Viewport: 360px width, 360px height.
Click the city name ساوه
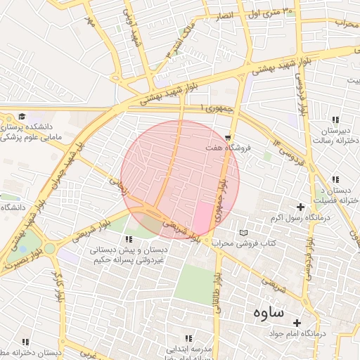coord(264,311)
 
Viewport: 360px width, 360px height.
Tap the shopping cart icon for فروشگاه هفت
coord(228,137)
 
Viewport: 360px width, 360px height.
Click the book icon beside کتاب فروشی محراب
coord(243,233)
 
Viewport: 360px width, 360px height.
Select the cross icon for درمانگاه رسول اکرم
coord(301,207)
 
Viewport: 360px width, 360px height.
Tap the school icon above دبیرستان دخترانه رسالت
coord(335,120)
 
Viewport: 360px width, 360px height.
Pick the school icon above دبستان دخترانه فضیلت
coord(335,179)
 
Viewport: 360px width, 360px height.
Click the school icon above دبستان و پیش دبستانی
coord(127,239)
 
